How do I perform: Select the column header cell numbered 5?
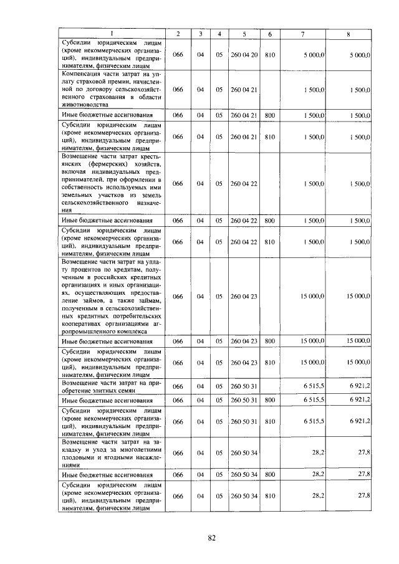[244, 33]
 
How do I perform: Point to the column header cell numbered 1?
[113, 33]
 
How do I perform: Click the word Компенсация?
[83, 74]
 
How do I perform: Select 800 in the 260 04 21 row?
[270, 115]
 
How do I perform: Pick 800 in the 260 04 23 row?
[270, 341]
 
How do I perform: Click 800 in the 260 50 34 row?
[270, 476]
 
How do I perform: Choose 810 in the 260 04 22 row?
[270, 241]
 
